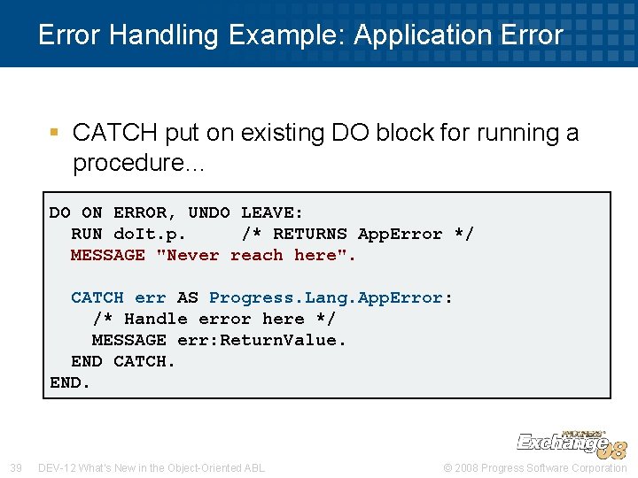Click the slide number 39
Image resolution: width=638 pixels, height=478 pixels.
point(15,467)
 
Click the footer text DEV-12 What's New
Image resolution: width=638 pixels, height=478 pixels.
point(152,467)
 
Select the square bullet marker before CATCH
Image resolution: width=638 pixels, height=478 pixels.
point(54,133)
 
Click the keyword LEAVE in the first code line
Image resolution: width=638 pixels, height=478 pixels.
point(272,212)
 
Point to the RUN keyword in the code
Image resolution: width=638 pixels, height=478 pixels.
point(87,234)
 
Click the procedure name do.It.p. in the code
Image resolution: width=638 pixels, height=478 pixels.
point(149,234)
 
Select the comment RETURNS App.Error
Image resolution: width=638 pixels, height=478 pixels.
point(357,234)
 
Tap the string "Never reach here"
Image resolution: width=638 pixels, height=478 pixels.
point(255,255)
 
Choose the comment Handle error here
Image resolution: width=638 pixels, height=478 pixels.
point(214,319)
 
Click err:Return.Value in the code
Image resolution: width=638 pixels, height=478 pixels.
point(261,340)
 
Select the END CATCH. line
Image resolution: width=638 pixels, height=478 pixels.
point(123,361)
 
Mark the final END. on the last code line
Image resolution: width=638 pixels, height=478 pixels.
point(70,382)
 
